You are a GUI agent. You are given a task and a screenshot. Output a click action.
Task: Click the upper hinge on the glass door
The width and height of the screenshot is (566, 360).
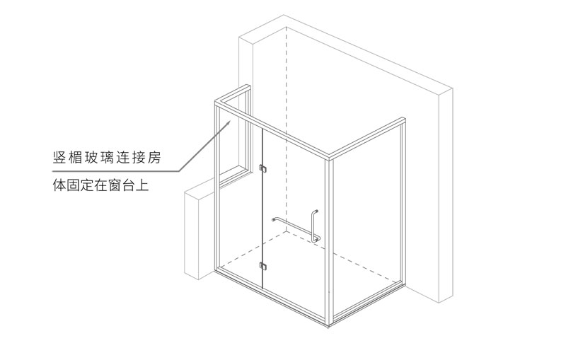pyautogui.click(x=262, y=168)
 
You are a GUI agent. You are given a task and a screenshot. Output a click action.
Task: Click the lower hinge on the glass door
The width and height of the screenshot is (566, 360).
pyautogui.click(x=262, y=266)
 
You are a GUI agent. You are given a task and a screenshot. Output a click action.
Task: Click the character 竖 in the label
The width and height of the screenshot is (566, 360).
pyautogui.click(x=59, y=158)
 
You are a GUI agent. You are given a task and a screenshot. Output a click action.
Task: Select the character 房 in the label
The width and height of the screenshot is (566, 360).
pyautogui.click(x=154, y=158)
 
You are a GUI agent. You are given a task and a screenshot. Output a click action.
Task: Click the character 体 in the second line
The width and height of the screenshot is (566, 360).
pyautogui.click(x=59, y=185)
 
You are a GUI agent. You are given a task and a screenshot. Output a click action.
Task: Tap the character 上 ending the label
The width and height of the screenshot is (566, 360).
pyautogui.click(x=142, y=185)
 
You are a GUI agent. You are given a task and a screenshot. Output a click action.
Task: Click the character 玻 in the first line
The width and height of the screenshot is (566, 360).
pyautogui.click(x=91, y=158)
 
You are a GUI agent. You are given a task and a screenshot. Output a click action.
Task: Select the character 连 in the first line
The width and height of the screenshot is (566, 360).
pyautogui.click(x=122, y=158)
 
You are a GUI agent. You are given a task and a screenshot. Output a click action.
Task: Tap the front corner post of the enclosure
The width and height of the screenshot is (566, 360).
pyautogui.click(x=329, y=241)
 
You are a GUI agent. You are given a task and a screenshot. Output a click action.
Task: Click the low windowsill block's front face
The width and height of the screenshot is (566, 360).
pyautogui.click(x=191, y=236)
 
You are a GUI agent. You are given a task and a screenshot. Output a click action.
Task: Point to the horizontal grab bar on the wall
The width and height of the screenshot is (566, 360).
pyautogui.click(x=293, y=227)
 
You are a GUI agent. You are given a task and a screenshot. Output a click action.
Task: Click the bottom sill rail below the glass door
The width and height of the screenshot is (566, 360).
pyautogui.click(x=272, y=295)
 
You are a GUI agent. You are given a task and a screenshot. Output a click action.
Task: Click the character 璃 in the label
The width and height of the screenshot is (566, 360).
pyautogui.click(x=107, y=158)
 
